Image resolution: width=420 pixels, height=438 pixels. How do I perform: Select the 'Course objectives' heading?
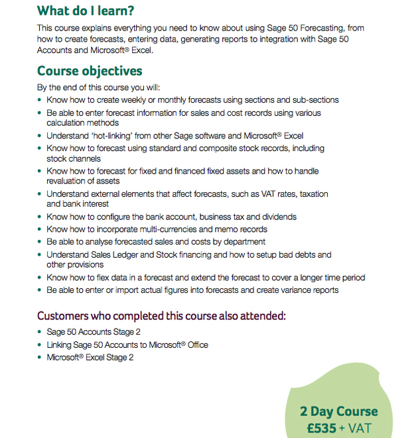90,71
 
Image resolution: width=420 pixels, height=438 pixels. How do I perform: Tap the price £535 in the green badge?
322,428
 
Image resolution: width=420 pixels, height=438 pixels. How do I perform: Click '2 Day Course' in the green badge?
339,411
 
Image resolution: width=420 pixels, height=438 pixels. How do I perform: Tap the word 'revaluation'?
66,180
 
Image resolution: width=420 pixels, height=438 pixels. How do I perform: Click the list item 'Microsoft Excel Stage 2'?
90,357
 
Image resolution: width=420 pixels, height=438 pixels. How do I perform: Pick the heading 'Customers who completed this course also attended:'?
161,315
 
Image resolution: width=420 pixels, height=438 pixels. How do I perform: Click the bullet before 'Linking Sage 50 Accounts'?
40,345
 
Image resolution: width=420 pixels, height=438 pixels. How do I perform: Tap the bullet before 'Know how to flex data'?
40,278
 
